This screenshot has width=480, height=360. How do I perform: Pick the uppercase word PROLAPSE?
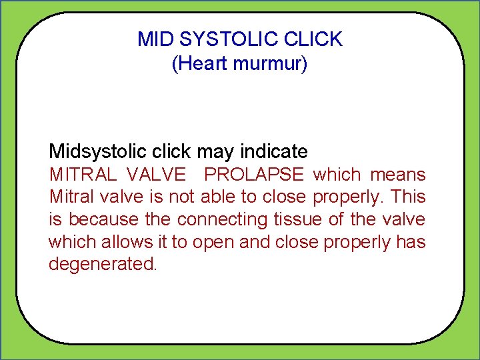254,175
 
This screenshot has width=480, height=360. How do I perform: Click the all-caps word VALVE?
156,175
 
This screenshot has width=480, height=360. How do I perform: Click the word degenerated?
102,265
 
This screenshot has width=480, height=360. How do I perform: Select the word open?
213,243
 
